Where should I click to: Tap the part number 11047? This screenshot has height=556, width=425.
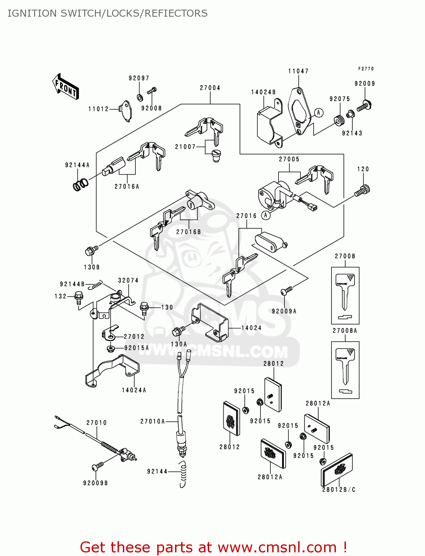(x=298, y=71)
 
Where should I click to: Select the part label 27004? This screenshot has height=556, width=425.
(x=210, y=88)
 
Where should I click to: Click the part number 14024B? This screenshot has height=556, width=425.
(x=263, y=92)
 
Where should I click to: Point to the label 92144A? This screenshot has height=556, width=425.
(x=77, y=165)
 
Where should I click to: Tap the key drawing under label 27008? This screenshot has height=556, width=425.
(x=345, y=291)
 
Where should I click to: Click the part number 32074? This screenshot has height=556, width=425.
(x=128, y=281)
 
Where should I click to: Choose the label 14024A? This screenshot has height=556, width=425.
(x=134, y=390)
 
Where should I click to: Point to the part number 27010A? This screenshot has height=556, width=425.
(x=152, y=421)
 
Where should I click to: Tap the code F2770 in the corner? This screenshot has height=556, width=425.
(x=366, y=69)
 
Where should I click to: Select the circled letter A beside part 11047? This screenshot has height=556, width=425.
(x=319, y=113)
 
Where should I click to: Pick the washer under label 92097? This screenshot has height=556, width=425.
(x=140, y=97)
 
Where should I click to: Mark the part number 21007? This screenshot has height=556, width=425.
(x=185, y=147)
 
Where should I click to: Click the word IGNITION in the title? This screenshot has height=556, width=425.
(x=32, y=13)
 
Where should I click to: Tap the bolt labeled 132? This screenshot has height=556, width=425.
(x=79, y=297)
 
